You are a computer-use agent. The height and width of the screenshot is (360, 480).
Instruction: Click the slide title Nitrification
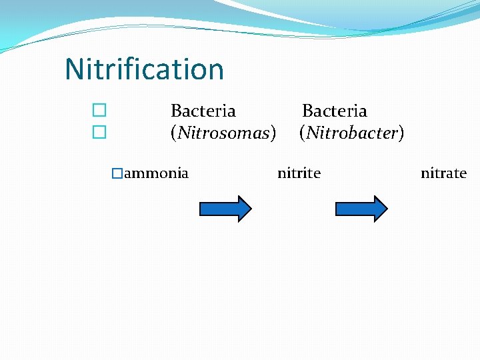(144, 69)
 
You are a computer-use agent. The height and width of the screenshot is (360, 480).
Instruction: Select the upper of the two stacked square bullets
(99, 110)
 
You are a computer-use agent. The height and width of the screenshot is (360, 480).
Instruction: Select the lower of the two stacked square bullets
(99, 133)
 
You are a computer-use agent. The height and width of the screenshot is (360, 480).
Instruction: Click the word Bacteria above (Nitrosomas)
(203, 111)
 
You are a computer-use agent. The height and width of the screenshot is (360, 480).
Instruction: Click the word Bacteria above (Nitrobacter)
(334, 111)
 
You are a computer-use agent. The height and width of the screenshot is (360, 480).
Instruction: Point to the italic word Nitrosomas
(223, 133)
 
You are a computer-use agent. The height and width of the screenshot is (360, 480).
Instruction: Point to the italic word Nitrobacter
(352, 133)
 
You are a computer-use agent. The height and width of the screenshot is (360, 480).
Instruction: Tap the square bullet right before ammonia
(117, 174)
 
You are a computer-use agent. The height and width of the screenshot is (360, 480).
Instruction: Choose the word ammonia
(156, 174)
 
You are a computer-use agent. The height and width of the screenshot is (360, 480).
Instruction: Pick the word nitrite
(299, 174)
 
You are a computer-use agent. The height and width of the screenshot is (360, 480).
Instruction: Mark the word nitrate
(443, 174)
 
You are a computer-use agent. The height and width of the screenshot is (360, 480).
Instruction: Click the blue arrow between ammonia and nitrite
(225, 209)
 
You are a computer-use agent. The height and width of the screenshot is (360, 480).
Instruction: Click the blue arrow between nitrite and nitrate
(361, 209)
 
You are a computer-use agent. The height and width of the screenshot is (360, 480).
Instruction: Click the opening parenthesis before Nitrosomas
(173, 134)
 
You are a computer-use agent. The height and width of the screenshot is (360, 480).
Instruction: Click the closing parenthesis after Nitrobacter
(401, 134)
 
